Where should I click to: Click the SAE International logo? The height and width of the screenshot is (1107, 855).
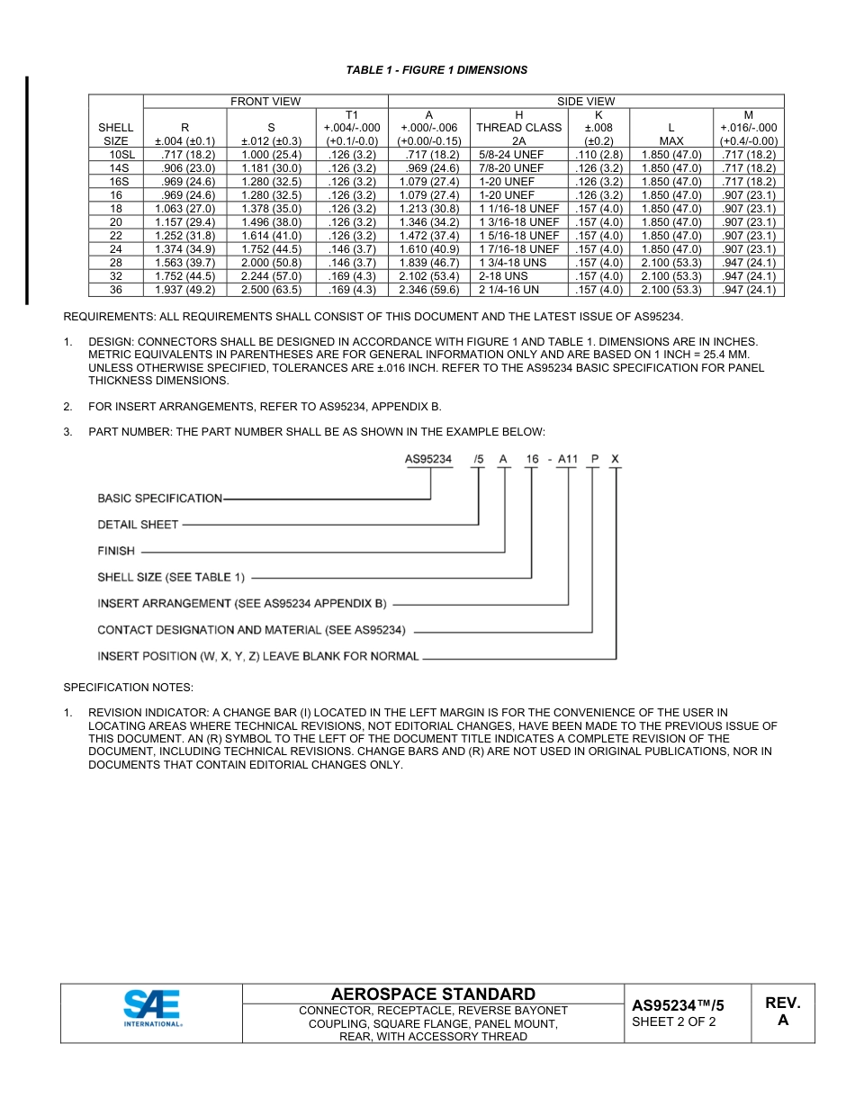[151, 1009]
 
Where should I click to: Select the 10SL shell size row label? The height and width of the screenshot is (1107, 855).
[116, 155]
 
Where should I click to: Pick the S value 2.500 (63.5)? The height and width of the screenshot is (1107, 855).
[271, 290]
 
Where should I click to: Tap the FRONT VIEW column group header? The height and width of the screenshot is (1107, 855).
[265, 102]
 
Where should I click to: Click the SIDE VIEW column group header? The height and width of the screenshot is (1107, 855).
[586, 102]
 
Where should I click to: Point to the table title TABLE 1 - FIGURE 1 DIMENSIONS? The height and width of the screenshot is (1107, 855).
[436, 70]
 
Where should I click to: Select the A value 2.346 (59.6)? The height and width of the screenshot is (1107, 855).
[429, 290]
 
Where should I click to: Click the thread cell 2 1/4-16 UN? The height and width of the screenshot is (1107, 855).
[508, 290]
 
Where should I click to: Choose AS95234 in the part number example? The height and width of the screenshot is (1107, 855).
[428, 459]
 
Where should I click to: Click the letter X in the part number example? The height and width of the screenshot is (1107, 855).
[615, 459]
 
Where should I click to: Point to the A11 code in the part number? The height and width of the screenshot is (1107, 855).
[568, 459]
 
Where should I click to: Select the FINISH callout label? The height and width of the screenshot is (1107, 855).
[116, 551]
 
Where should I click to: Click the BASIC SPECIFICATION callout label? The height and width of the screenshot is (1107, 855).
[159, 498]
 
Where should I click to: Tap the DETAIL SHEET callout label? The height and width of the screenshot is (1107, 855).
[138, 525]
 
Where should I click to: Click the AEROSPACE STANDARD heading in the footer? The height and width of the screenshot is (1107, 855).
[433, 994]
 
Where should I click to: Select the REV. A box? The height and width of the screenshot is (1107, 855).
[782, 1012]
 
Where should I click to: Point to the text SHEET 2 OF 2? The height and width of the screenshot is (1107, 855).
[674, 1021]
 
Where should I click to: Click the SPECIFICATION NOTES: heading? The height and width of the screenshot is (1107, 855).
[128, 688]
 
